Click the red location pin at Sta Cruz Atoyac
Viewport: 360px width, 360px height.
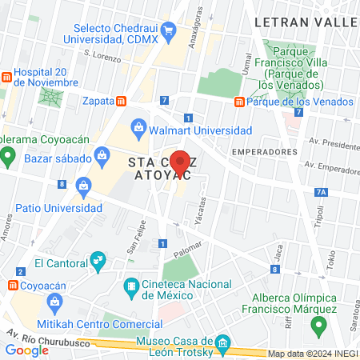coord(181,163)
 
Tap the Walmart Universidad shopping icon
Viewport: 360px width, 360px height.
coord(138,128)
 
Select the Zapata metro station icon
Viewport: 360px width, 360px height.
coord(121,102)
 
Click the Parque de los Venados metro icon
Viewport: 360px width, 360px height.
coord(239,102)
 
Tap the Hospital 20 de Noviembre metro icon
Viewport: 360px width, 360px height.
coord(6,77)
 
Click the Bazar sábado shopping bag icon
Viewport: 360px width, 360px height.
coord(102,155)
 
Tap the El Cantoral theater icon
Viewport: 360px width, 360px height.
coord(98,259)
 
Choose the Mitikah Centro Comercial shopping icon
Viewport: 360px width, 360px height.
coord(54,302)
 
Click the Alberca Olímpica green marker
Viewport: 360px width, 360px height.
coord(319,326)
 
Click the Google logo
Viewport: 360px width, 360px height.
coord(27,350)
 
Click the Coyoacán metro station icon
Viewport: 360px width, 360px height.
coord(14,284)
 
